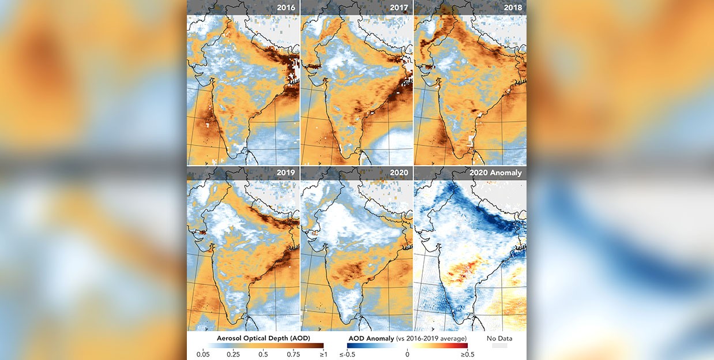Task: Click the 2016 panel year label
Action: pyautogui.click(x=286, y=7)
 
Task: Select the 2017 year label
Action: pyautogui.click(x=399, y=7)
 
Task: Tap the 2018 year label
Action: pyautogui.click(x=512, y=7)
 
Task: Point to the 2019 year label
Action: pyautogui.click(x=286, y=172)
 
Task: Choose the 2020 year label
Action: pyautogui.click(x=399, y=172)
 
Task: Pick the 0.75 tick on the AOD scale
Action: pyautogui.click(x=294, y=355)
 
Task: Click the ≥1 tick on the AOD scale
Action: pyautogui.click(x=323, y=355)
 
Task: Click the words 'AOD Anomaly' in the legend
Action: pyautogui.click(x=370, y=337)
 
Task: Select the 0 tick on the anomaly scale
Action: pyautogui.click(x=407, y=355)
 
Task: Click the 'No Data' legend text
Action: pyautogui.click(x=499, y=338)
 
